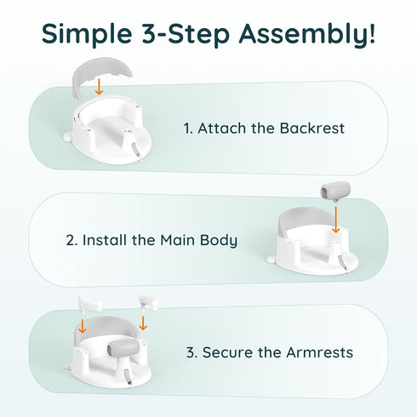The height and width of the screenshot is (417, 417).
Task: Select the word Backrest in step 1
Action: tap(312, 129)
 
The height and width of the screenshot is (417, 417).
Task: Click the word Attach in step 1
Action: tap(222, 129)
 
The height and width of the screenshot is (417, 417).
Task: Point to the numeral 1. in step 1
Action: tap(188, 129)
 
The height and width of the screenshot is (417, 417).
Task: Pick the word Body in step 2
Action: tap(219, 241)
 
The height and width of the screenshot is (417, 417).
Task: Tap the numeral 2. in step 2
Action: tap(71, 240)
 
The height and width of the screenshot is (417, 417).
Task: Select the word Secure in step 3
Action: tap(227, 352)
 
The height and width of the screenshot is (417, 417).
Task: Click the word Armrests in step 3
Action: tap(319, 352)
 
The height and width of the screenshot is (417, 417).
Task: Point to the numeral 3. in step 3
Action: tap(192, 352)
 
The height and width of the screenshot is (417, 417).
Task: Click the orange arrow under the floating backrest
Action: tap(99, 87)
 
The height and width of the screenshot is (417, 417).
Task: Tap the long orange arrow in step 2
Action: tap(336, 220)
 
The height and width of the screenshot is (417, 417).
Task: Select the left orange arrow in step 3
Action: tap(83, 326)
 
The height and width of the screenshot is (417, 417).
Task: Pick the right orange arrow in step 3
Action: tap(143, 323)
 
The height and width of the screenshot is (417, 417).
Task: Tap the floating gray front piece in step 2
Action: tap(335, 190)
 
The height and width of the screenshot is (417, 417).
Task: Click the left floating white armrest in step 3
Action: tap(89, 303)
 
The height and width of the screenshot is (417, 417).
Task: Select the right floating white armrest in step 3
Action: tap(148, 302)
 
